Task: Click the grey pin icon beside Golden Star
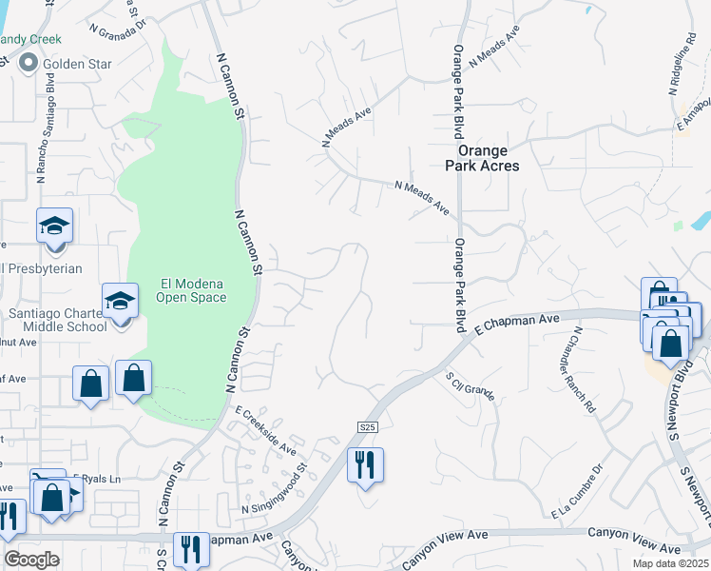point(28,64)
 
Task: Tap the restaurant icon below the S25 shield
point(365,465)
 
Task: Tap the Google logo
point(31,559)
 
